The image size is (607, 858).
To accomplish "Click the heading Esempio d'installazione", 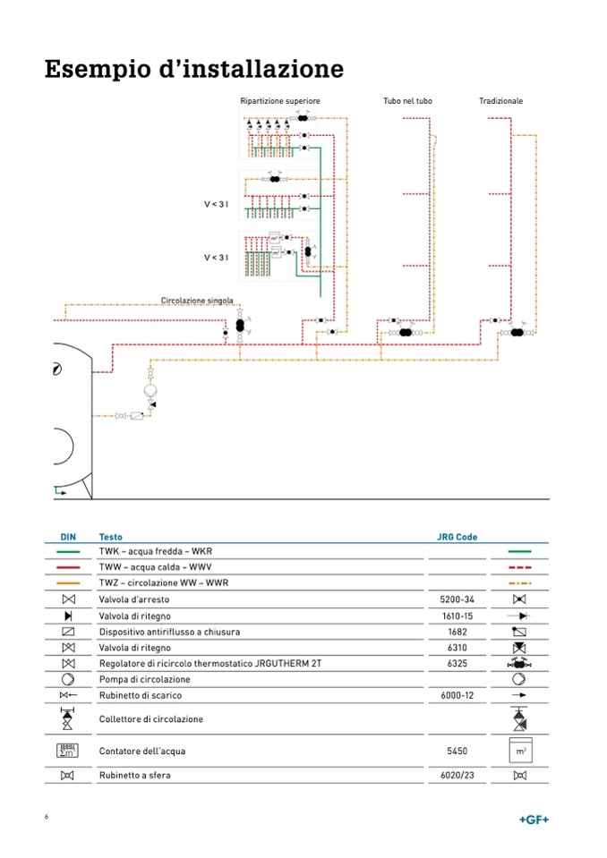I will [194, 69].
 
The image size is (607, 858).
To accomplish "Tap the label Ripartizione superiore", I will [279, 101].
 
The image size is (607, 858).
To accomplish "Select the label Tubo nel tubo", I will [407, 101].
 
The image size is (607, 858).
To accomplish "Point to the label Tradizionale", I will [501, 101].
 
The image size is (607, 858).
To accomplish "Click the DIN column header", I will [68, 538].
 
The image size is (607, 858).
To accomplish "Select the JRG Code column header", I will [457, 538].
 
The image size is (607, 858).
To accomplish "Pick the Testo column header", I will [111, 538].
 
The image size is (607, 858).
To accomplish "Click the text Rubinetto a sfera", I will [134, 776].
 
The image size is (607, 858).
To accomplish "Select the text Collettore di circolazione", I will [150, 719].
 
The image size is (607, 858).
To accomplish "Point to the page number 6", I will [47, 818].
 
